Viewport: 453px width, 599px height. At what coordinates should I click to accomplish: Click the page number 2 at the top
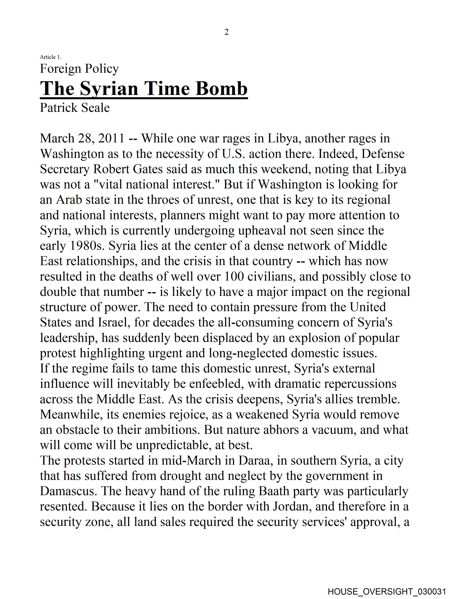pyautogui.click(x=226, y=32)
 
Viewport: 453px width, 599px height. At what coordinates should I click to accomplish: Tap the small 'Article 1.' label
pyautogui.click(x=51, y=57)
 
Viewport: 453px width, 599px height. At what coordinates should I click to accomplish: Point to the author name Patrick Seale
pyautogui.click(x=75, y=108)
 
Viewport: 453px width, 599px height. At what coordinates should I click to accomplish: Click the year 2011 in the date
pyautogui.click(x=112, y=138)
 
